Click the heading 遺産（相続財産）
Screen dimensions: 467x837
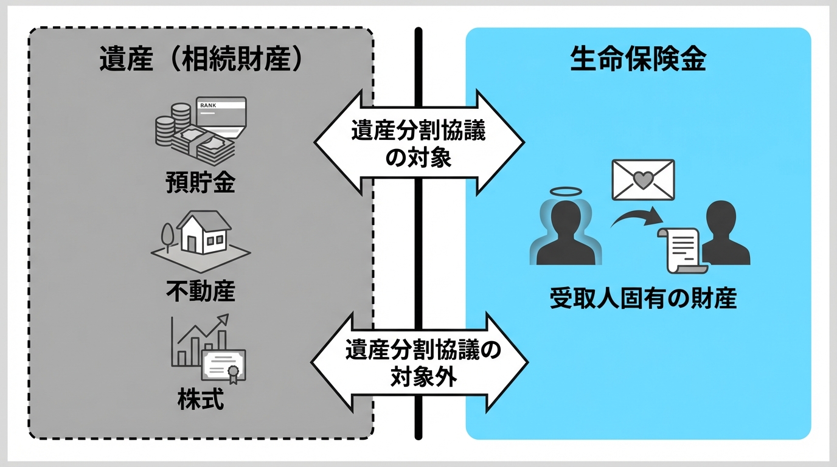tap(201, 61)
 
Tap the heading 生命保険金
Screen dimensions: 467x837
tap(638, 61)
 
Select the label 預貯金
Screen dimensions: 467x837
tap(200, 183)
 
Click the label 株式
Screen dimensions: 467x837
tap(200, 400)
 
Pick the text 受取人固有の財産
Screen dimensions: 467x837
tap(643, 299)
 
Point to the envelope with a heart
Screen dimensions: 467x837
tap(644, 179)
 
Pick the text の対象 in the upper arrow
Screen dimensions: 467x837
tap(419, 159)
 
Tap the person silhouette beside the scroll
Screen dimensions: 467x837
tap(725, 234)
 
